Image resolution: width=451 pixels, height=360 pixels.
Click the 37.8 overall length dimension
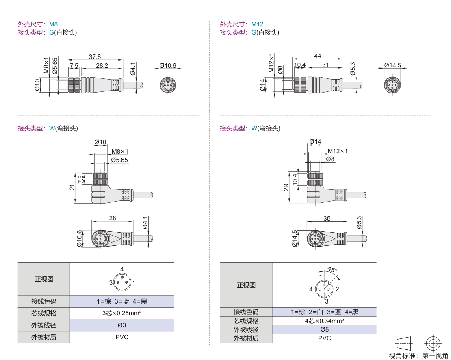[95, 57]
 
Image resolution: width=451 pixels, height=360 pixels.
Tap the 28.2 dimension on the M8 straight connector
[102, 65]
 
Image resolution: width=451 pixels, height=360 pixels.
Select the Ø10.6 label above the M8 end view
[168, 65]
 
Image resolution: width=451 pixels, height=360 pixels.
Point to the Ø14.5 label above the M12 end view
[392, 65]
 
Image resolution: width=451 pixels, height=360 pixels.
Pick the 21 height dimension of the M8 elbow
[72, 187]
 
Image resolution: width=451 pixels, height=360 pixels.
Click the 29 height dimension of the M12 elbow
[286, 187]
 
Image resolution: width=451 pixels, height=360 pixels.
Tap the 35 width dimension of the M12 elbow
[327, 218]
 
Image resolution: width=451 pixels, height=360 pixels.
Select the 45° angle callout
[332, 270]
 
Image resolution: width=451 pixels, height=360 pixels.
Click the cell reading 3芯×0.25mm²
[122, 313]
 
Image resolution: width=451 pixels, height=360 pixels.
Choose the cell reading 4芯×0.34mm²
[324, 321]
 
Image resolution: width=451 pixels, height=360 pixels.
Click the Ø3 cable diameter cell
[122, 325]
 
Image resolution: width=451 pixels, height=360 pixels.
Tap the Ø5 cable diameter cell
[324, 330]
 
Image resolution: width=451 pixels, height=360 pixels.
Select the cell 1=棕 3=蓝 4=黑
[122, 301]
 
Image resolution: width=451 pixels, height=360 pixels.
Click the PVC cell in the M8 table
[122, 337]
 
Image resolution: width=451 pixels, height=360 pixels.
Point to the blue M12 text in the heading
[257, 24]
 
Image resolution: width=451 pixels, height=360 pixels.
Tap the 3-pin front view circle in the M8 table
[121, 282]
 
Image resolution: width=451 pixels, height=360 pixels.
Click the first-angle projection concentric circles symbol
[433, 343]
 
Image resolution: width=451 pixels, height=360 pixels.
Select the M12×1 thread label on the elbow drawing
[338, 151]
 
